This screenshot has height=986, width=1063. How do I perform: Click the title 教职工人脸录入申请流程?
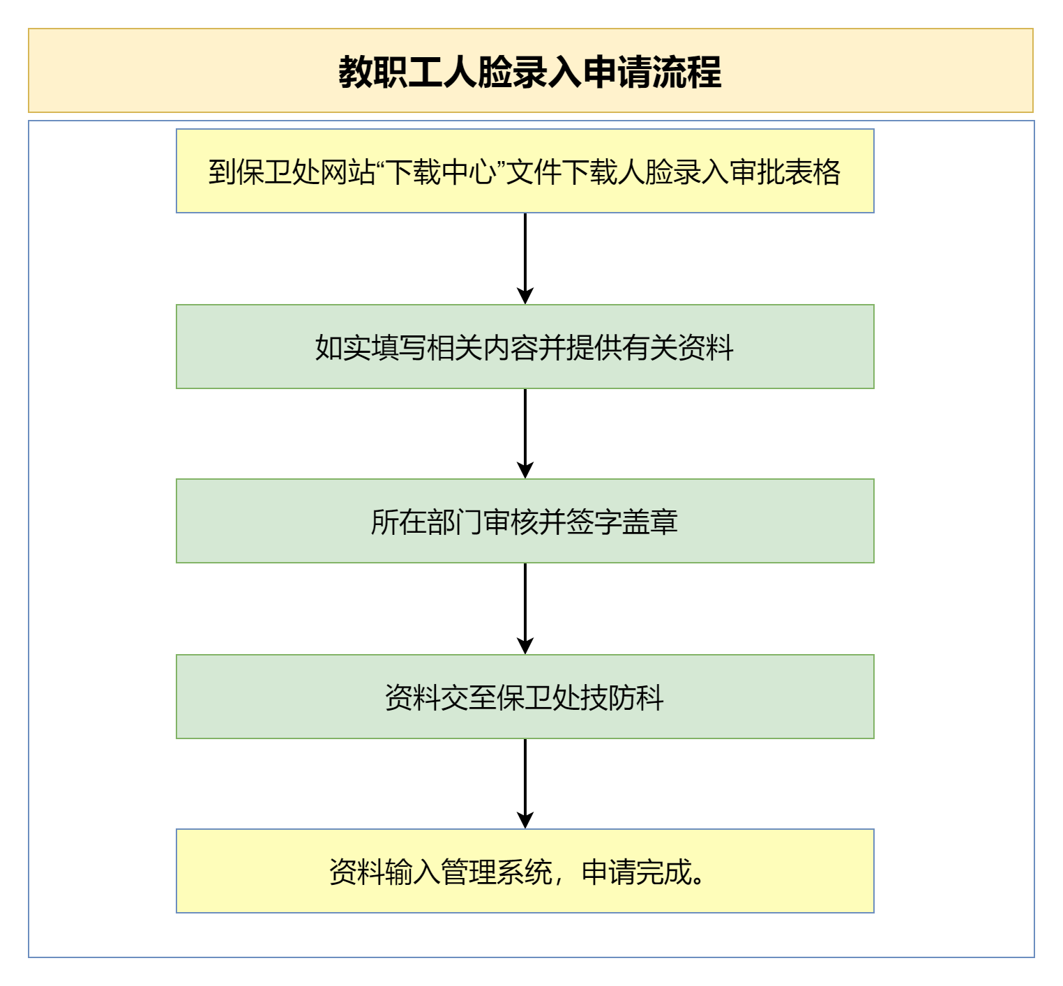530,71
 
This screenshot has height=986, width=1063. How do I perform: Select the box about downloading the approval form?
525,171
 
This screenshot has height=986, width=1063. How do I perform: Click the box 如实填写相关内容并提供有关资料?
525,347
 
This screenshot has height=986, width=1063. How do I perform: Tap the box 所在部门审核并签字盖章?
525,521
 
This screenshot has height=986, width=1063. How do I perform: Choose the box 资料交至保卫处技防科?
525,697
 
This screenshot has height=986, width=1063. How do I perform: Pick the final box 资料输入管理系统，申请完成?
525,871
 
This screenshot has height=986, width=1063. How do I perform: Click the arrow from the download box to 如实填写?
525,259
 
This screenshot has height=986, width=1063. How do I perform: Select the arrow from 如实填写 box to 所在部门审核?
525,434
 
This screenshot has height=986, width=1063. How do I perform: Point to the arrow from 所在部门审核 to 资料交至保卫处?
525,609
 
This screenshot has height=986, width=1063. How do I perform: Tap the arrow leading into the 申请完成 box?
525,784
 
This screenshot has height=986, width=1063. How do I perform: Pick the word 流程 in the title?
687,71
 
